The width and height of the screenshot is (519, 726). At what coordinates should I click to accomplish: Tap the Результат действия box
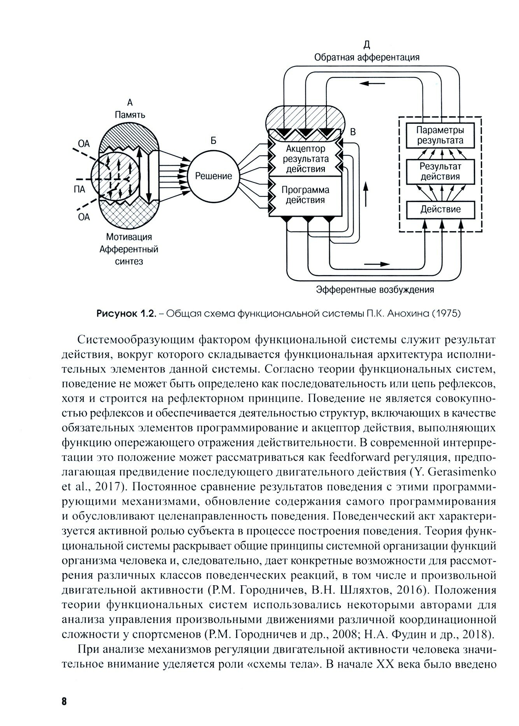[x=440, y=172]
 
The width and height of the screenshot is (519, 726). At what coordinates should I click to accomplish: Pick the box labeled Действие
[x=440, y=209]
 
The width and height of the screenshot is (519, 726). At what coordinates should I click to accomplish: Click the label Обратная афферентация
[x=367, y=58]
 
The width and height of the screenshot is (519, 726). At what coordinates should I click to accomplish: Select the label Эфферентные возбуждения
[x=375, y=290]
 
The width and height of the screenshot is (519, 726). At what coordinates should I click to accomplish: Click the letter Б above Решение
[x=213, y=141]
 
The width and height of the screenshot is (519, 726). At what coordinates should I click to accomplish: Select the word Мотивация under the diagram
[x=129, y=237]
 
